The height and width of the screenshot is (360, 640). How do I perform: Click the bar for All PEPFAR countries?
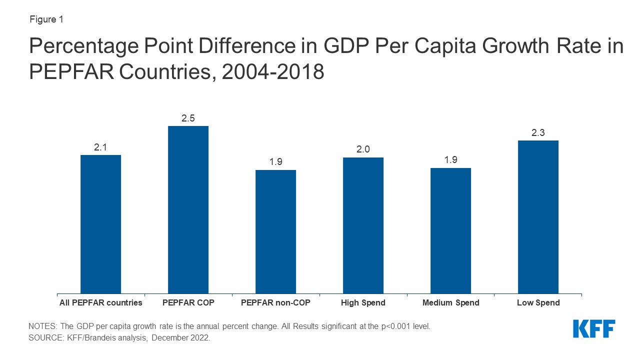(100, 224)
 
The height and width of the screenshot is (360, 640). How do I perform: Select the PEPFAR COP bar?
(188, 209)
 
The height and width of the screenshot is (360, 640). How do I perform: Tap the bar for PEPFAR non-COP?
(275, 231)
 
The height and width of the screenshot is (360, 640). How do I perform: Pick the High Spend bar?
(363, 225)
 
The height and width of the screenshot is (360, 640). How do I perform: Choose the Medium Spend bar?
(450, 230)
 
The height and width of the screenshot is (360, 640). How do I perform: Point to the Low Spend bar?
(538, 217)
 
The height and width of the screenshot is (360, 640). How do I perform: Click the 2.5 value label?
(188, 118)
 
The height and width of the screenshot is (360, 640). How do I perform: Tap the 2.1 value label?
(100, 147)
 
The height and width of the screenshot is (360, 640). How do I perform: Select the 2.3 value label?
(538, 133)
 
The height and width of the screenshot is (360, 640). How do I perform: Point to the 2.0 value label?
(363, 150)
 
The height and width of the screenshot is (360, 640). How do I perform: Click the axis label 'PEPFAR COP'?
(188, 302)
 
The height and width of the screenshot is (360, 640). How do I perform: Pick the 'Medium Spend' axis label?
(450, 302)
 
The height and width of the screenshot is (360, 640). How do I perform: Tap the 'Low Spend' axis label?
(538, 302)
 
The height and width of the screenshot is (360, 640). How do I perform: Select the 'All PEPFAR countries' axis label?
(100, 302)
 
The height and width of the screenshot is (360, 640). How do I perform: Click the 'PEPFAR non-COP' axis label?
(275, 302)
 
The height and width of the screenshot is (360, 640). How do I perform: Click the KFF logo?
(594, 329)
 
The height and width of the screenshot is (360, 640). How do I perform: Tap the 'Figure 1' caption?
(46, 19)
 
